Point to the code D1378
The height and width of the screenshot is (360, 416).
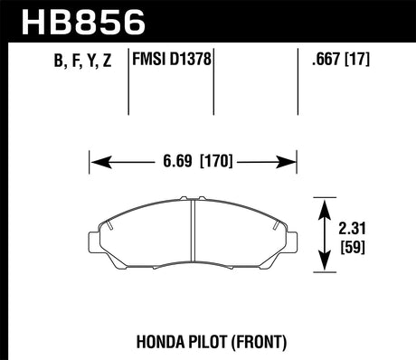click(x=193, y=62)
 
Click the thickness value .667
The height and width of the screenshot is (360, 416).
click(x=323, y=62)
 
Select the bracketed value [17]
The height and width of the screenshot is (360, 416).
click(x=357, y=62)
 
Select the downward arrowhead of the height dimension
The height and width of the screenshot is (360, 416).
click(x=324, y=265)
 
